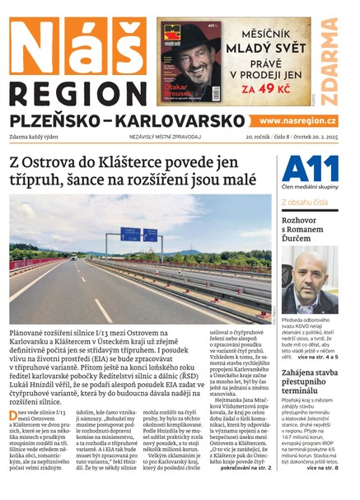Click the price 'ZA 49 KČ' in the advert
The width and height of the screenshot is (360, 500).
[271, 86]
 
